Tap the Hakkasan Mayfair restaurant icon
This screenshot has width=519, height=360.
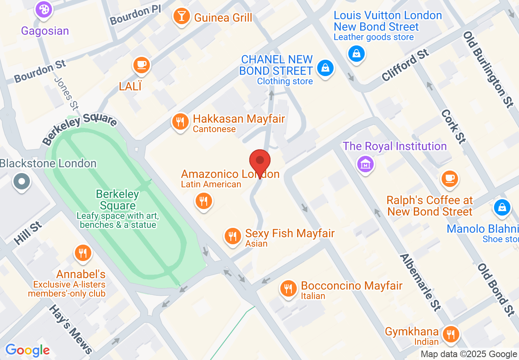180,122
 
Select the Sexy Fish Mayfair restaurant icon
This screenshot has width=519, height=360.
232,236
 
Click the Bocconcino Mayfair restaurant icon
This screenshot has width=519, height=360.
289,288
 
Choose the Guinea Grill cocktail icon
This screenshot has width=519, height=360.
181,17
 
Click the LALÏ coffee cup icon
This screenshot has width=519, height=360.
142,65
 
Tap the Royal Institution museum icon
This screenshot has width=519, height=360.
366,164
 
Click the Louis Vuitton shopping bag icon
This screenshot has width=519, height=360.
357,53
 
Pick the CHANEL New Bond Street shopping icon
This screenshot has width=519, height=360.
325,68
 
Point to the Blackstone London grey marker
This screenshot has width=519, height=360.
22,181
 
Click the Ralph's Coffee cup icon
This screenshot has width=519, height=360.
450,178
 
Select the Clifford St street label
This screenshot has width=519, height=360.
405,65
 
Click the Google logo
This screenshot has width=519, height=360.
27,350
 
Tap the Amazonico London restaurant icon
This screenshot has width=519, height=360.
203,201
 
